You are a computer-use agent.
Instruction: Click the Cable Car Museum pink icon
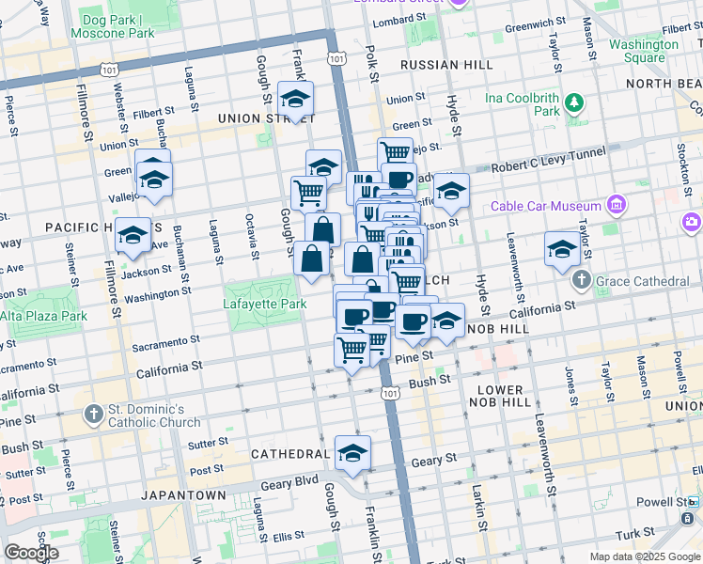[x=616, y=205]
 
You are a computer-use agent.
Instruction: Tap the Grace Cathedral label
[x=642, y=281]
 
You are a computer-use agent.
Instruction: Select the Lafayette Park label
[x=265, y=305]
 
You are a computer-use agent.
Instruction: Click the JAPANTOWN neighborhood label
[x=183, y=494]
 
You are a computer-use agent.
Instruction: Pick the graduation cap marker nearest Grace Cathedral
[x=562, y=249]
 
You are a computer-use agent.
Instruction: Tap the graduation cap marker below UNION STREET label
[x=295, y=99]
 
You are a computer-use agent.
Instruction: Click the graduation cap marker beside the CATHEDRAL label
[x=352, y=453]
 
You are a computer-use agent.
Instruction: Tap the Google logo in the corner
[x=31, y=553]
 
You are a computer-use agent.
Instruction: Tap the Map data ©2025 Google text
[x=644, y=556]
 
